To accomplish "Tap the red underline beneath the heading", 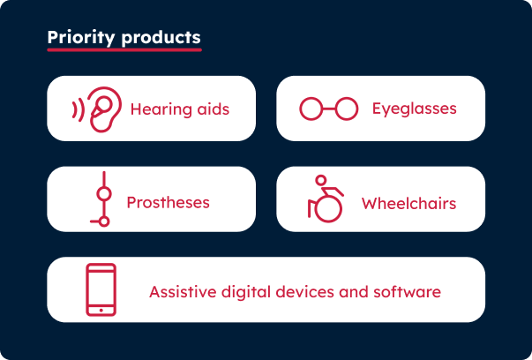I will point(124,49).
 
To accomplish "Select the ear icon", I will point(102,109).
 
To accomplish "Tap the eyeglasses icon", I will point(328,109).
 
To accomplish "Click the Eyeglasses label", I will point(414,109).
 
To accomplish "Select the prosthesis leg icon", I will point(102,200).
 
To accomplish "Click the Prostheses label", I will point(168,203).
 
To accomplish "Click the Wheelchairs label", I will point(408,204).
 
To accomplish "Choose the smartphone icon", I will point(101,289).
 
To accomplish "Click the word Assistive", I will point(180,291).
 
